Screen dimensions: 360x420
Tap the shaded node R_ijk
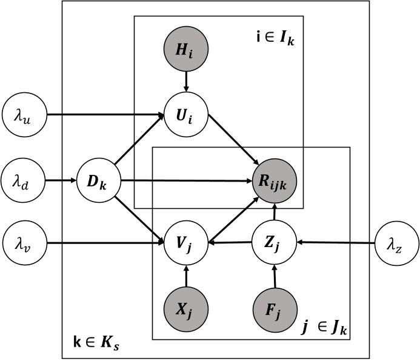pyautogui.click(x=276, y=180)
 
